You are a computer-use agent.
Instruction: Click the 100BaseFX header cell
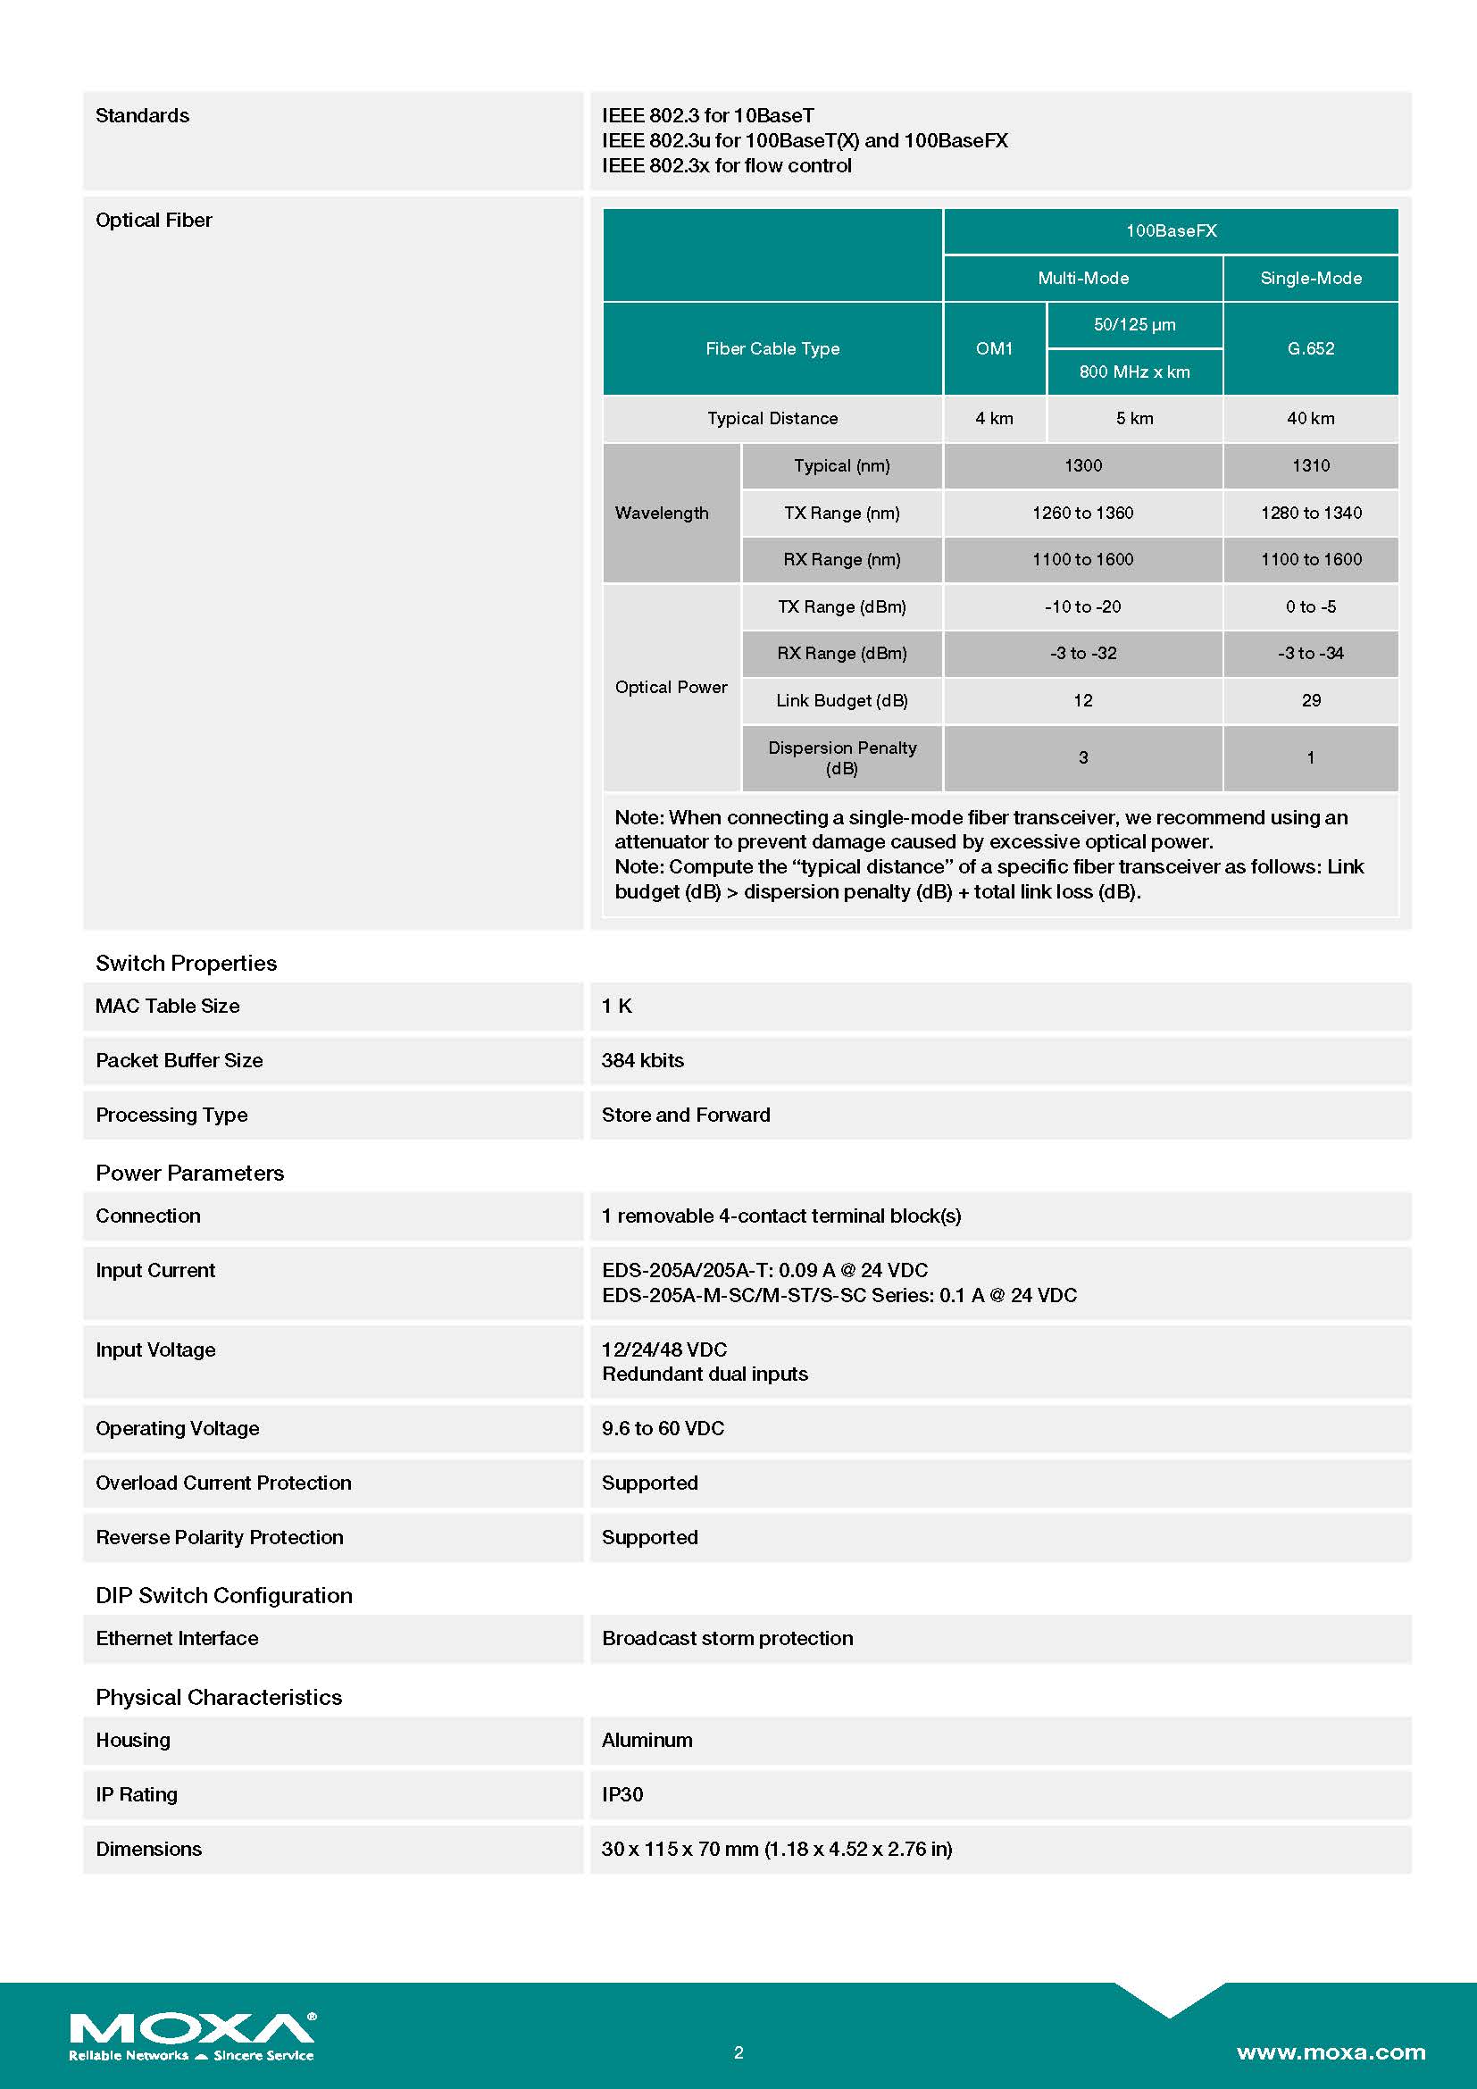click(x=1171, y=231)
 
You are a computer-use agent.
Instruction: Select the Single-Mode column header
click(x=1310, y=279)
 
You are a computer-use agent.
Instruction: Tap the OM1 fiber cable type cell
click(x=994, y=348)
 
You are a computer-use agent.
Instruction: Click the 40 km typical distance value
click(x=1310, y=419)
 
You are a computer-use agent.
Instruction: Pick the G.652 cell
click(x=1310, y=348)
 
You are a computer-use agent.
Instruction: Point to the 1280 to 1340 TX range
click(x=1310, y=514)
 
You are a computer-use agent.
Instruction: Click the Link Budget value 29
click(x=1310, y=700)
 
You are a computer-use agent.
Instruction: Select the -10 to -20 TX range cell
click(x=1082, y=606)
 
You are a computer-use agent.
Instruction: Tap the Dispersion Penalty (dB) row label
click(x=841, y=758)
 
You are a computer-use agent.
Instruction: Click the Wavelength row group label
click(x=662, y=514)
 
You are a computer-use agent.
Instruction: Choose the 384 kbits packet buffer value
click(x=642, y=1060)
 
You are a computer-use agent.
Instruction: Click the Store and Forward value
click(x=686, y=1115)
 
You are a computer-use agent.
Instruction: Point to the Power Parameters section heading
click(x=189, y=1173)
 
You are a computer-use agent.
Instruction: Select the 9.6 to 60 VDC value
click(x=663, y=1428)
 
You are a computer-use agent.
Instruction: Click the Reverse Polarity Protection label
click(x=219, y=1538)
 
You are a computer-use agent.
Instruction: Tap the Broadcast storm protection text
click(x=728, y=1639)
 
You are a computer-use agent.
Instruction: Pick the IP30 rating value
click(x=622, y=1795)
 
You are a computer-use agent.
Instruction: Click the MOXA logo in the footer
click(x=192, y=2035)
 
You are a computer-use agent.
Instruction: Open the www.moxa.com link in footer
click(x=1331, y=2052)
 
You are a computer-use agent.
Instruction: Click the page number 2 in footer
click(x=738, y=2052)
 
